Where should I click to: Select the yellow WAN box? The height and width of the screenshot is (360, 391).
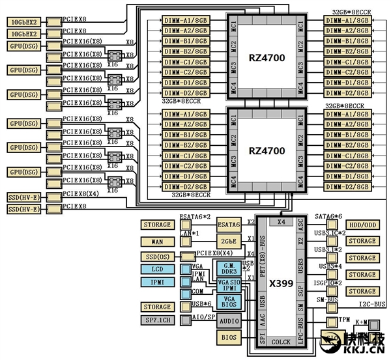pos(157,242)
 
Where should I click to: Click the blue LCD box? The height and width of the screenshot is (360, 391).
pos(157,268)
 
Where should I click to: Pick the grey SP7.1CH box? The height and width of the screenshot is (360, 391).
pos(157,320)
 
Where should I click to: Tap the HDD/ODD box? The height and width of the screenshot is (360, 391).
pos(362,225)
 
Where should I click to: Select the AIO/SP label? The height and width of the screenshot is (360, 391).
pos(203,316)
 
